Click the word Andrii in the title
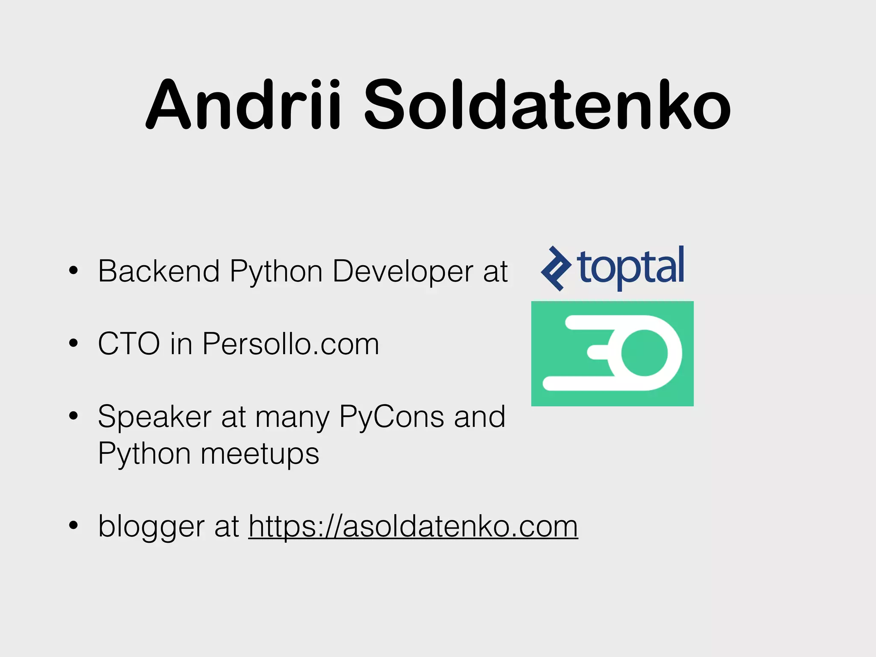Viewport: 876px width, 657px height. click(x=244, y=105)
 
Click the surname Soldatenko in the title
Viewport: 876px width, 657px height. click(x=547, y=105)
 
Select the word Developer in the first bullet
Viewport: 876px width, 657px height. click(x=402, y=272)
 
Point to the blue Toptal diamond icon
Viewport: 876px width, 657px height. click(x=556, y=269)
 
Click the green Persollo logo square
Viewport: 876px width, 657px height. click(x=612, y=353)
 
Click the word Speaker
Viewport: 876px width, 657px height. click(x=154, y=417)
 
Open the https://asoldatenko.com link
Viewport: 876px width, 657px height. click(x=413, y=526)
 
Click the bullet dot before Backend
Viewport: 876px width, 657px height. click(x=74, y=270)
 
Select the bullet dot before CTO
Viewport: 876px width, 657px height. click(x=74, y=343)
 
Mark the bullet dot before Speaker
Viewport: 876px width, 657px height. click(x=74, y=416)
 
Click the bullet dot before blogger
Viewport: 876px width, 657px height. click(x=74, y=526)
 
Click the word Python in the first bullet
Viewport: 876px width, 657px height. click(x=276, y=272)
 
